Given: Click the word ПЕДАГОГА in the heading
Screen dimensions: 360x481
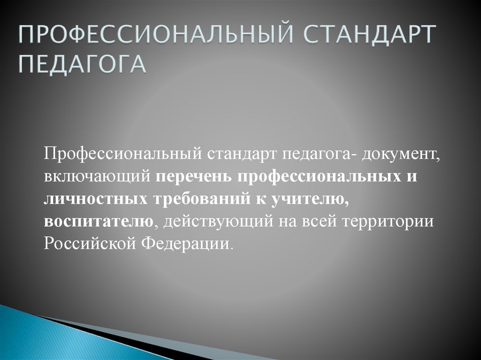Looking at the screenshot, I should click(x=82, y=65).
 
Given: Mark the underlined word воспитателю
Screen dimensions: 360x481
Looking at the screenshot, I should click(x=99, y=221).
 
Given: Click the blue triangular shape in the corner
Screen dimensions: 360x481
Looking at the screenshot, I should click(x=38, y=336).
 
